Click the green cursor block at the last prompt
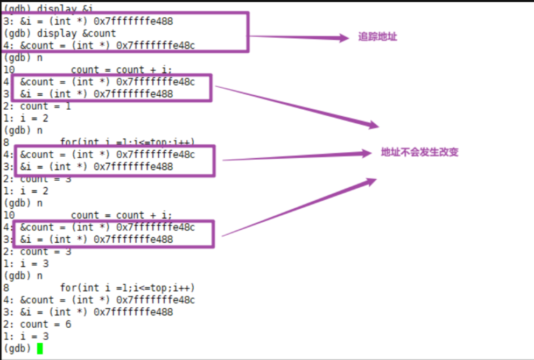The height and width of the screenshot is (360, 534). [x=39, y=348]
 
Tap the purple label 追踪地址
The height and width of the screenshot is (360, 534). [x=377, y=37]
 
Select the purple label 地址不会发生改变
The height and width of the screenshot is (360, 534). [x=419, y=152]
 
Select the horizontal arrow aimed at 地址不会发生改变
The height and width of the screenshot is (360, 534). [x=296, y=157]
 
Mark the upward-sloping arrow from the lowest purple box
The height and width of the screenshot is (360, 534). [x=299, y=208]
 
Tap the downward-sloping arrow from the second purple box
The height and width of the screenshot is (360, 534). [x=296, y=106]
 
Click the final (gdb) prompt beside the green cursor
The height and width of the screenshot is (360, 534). [x=17, y=348]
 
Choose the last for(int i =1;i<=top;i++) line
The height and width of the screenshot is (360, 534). [x=127, y=288]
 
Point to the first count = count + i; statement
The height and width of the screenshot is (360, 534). [x=121, y=70]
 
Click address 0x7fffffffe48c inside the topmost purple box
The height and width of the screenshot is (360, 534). [x=156, y=46]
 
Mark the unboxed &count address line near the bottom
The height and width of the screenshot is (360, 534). [x=99, y=300]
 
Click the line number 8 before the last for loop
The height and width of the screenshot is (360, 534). [x=6, y=288]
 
